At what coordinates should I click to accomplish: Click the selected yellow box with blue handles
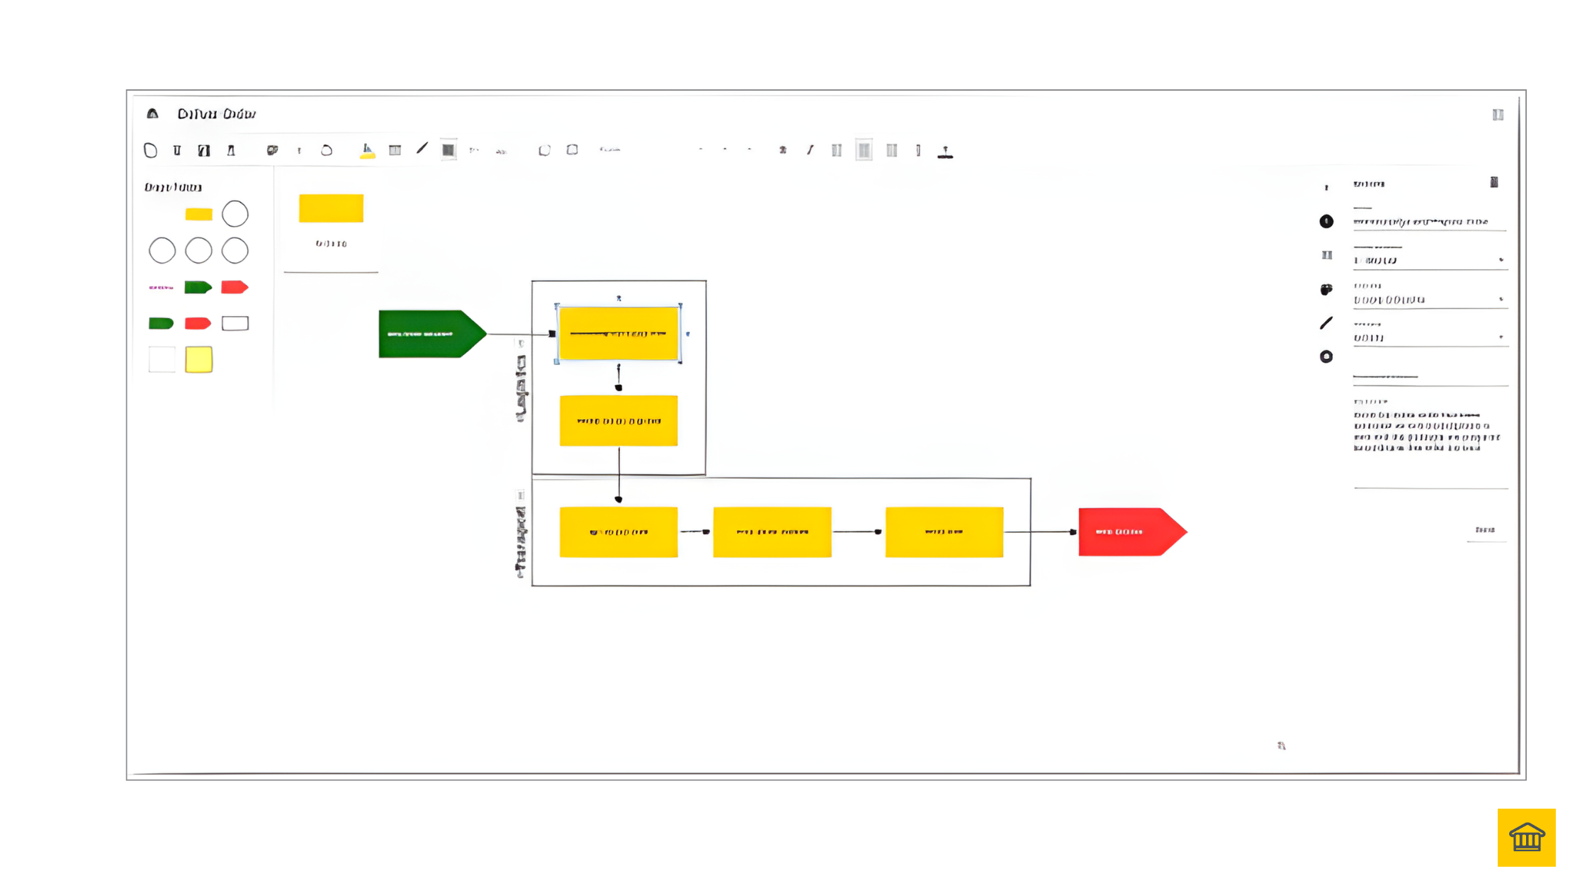[618, 334]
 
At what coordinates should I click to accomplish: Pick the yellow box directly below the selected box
[618, 421]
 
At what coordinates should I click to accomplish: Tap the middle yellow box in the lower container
[772, 532]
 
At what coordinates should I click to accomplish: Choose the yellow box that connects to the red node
[944, 532]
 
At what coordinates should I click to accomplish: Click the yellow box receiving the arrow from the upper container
[618, 532]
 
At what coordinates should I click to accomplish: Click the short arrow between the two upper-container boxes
[619, 378]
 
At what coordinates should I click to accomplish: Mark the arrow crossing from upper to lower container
[619, 475]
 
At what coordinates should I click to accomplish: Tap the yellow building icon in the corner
[1526, 837]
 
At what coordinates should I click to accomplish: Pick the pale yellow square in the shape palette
[198, 359]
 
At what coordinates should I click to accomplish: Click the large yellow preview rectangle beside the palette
[331, 208]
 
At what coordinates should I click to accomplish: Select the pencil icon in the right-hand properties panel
[1326, 323]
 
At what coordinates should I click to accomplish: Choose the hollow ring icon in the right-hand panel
[1326, 356]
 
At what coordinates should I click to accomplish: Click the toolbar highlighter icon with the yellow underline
[367, 150]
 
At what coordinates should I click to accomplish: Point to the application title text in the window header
[216, 114]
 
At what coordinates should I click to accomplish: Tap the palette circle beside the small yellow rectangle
[235, 214]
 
